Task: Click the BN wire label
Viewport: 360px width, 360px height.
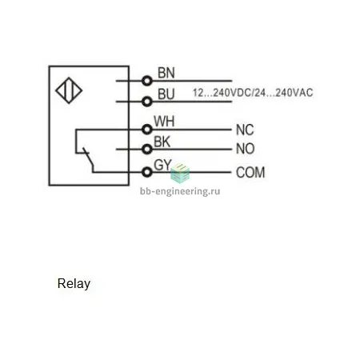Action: pyautogui.click(x=166, y=73)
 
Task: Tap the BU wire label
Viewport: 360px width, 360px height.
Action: pyautogui.click(x=166, y=94)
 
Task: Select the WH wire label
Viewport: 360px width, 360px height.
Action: pyautogui.click(x=164, y=122)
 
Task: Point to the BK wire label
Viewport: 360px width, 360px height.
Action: pyautogui.click(x=162, y=142)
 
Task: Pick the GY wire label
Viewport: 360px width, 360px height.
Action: pyautogui.click(x=162, y=165)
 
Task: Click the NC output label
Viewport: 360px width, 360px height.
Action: pyautogui.click(x=245, y=130)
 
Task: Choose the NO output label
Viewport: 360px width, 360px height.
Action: pyautogui.click(x=245, y=149)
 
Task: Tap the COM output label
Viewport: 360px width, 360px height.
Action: pyautogui.click(x=250, y=172)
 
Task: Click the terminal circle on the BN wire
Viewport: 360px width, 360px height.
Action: pyautogui.click(x=147, y=81)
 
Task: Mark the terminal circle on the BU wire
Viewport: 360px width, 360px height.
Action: pyautogui.click(x=147, y=102)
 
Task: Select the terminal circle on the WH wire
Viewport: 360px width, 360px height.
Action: pyautogui.click(x=147, y=130)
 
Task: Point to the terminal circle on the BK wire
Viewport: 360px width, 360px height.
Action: pyautogui.click(x=147, y=149)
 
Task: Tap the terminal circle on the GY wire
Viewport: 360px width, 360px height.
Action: pyautogui.click(x=147, y=172)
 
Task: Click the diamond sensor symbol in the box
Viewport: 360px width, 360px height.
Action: pyautogui.click(x=69, y=90)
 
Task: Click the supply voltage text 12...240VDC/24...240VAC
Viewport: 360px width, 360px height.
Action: pyautogui.click(x=253, y=93)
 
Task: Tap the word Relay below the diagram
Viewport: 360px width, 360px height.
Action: pyautogui.click(x=74, y=284)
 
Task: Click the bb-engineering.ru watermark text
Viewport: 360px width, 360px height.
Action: pyautogui.click(x=180, y=191)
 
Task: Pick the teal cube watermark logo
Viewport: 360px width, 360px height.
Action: pyautogui.click(x=180, y=173)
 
